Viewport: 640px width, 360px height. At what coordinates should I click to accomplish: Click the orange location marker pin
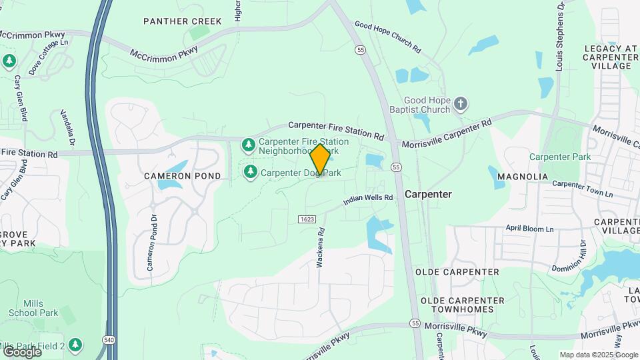[x=320, y=160]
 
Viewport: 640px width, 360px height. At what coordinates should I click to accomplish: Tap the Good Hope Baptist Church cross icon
[x=461, y=104]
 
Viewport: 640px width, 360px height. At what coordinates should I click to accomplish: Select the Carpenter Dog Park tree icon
[x=251, y=173]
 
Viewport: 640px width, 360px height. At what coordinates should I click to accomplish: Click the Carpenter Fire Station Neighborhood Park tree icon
[x=249, y=145]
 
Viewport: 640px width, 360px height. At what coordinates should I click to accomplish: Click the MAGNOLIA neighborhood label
[x=527, y=177]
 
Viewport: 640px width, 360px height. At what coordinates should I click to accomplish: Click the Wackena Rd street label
[x=321, y=248]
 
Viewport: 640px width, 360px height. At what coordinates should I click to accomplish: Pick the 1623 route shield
[x=307, y=219]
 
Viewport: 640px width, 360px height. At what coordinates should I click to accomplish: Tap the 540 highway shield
[x=107, y=340]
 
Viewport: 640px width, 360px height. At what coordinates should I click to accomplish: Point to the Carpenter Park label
[x=560, y=157]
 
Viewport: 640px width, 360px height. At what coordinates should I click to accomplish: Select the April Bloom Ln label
[x=529, y=229]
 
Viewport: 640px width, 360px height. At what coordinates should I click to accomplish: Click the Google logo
[x=21, y=351]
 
